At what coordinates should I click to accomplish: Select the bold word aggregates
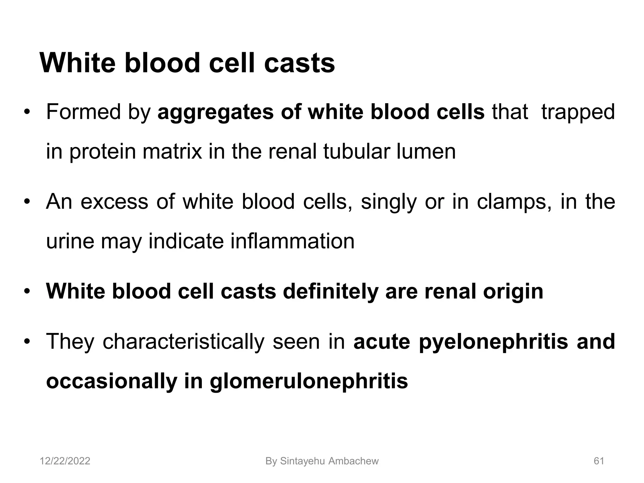[215, 113]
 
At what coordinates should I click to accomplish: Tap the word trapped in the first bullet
[578, 113]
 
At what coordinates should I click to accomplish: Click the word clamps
[514, 202]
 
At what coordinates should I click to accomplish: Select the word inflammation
[292, 241]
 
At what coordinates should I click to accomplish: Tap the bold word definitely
[330, 291]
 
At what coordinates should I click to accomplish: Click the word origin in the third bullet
[513, 291]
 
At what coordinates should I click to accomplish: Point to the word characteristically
[184, 342]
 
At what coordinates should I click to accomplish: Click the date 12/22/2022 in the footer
[65, 461]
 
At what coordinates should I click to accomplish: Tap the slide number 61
[599, 461]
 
